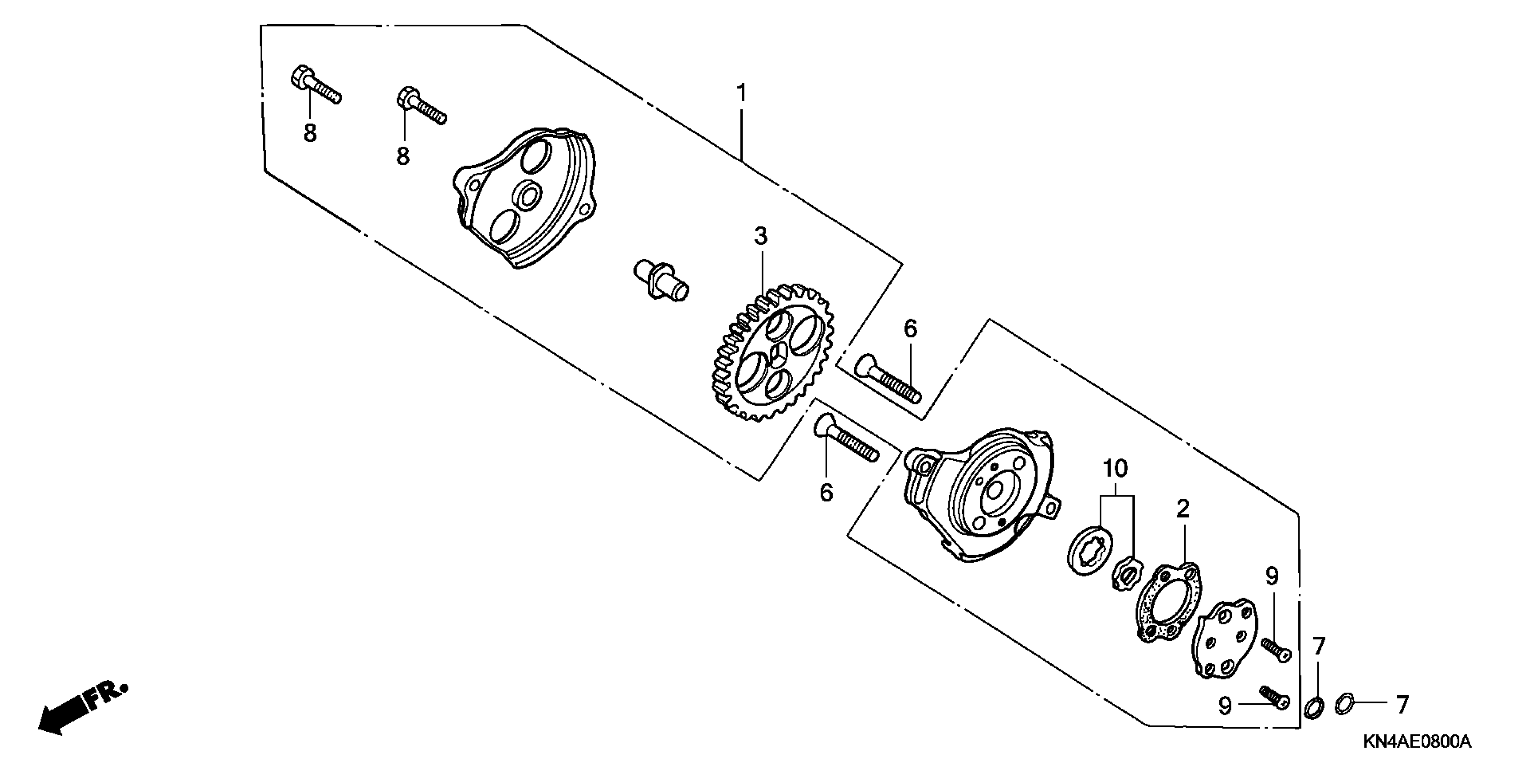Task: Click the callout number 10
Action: pyautogui.click(x=1115, y=469)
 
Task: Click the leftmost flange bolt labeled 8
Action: pyautogui.click(x=315, y=87)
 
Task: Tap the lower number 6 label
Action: pyautogui.click(x=826, y=493)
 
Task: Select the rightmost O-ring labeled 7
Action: pyautogui.click(x=1344, y=706)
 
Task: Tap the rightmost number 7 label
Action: pyautogui.click(x=1402, y=706)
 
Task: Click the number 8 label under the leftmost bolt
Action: pyautogui.click(x=310, y=133)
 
